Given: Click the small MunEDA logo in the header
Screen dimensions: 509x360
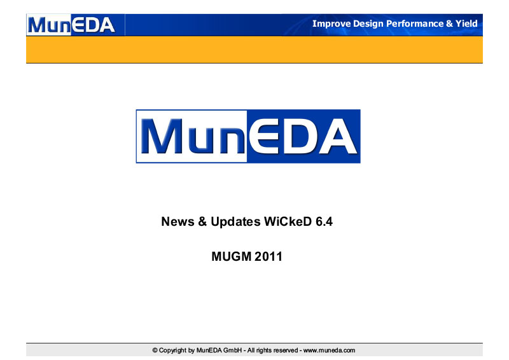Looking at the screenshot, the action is (71, 25).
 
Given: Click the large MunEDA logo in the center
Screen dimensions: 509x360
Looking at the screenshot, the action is (248, 136).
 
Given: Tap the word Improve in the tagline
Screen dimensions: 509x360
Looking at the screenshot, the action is (331, 24).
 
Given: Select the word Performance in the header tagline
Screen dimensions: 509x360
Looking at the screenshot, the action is (415, 24).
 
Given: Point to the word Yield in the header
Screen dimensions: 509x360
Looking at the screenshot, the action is (466, 24).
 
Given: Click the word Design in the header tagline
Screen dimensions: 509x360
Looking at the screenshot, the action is (368, 24).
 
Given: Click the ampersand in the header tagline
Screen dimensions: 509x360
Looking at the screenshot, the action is (449, 24).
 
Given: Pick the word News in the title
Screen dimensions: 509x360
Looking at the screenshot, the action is (178, 221).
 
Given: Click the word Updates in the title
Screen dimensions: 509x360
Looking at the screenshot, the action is (235, 222).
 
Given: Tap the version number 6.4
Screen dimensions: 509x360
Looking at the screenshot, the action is (324, 221).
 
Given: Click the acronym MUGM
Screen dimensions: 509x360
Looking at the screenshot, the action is (231, 256).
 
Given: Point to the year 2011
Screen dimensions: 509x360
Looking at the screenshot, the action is (268, 256).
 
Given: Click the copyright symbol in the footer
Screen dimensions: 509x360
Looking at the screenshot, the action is (155, 350).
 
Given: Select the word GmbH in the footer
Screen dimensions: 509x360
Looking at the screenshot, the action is (232, 350).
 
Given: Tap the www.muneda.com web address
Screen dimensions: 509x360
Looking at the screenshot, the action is (329, 350).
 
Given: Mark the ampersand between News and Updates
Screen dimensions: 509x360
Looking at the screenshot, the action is (202, 221).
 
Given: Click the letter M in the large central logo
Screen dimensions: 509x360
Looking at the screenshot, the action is (162, 136).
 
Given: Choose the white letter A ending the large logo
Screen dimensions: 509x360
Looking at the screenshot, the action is (338, 136).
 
